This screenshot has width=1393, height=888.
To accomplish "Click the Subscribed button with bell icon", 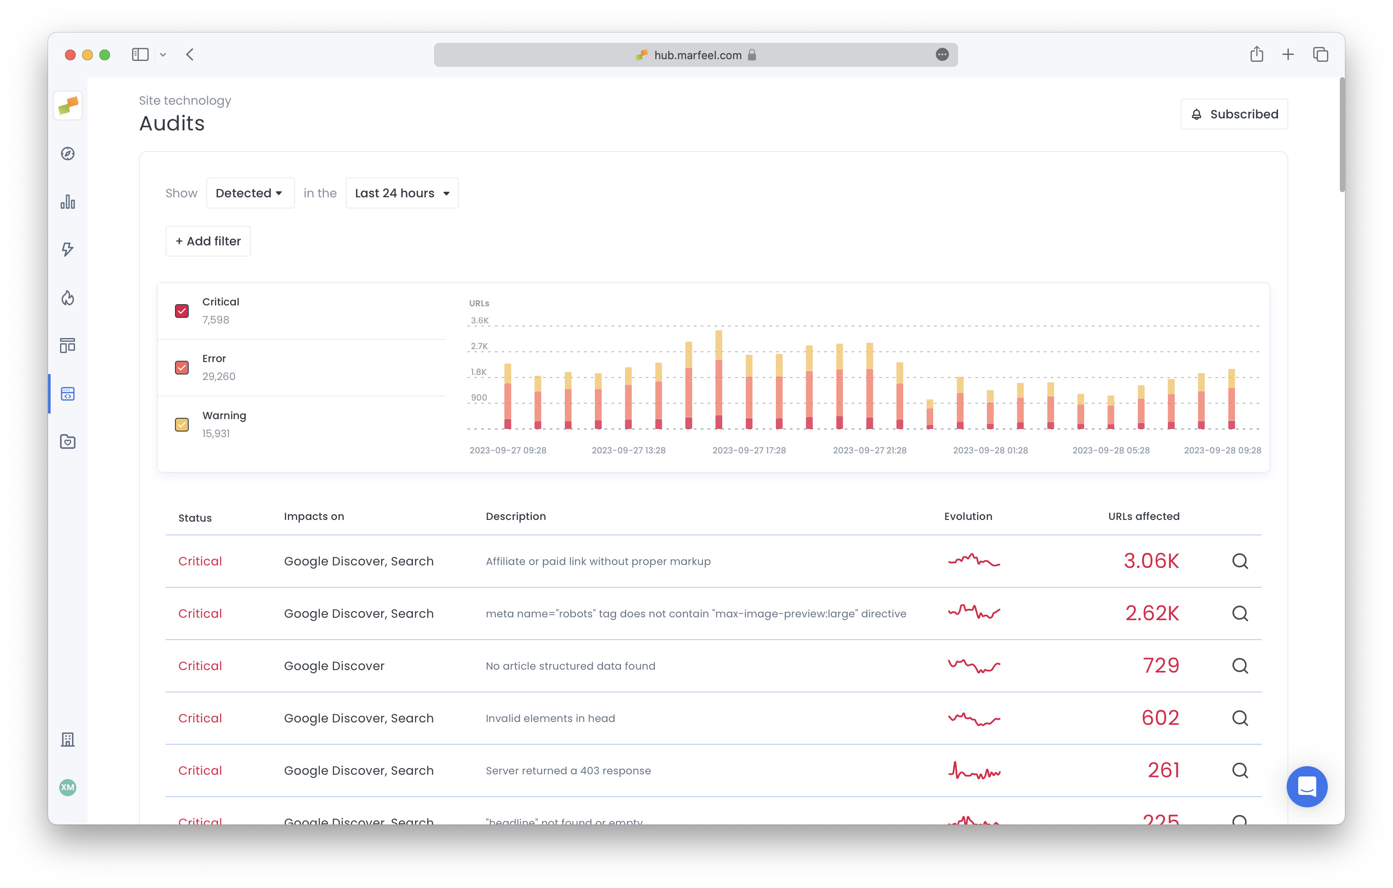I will [1234, 114].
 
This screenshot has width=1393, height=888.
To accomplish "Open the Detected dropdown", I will [249, 193].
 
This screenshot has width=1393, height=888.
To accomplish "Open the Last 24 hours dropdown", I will [401, 193].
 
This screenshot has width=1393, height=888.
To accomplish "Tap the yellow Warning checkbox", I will [182, 425].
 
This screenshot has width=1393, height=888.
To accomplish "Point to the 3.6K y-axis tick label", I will [479, 320].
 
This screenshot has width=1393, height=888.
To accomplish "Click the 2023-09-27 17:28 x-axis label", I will [748, 450].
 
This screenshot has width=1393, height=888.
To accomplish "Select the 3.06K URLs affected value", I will [1151, 561].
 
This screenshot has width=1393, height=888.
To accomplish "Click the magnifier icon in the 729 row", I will [1240, 666].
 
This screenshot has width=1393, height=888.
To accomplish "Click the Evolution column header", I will [968, 516].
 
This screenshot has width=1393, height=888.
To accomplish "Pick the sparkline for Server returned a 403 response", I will [974, 770].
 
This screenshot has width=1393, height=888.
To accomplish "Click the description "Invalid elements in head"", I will [550, 719].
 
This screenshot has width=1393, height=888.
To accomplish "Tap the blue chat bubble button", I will [1306, 787].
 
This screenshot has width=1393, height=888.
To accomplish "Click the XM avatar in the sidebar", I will [68, 787].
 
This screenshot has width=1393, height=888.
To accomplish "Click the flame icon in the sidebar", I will [68, 298].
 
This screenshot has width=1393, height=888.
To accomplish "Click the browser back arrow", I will [190, 54].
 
